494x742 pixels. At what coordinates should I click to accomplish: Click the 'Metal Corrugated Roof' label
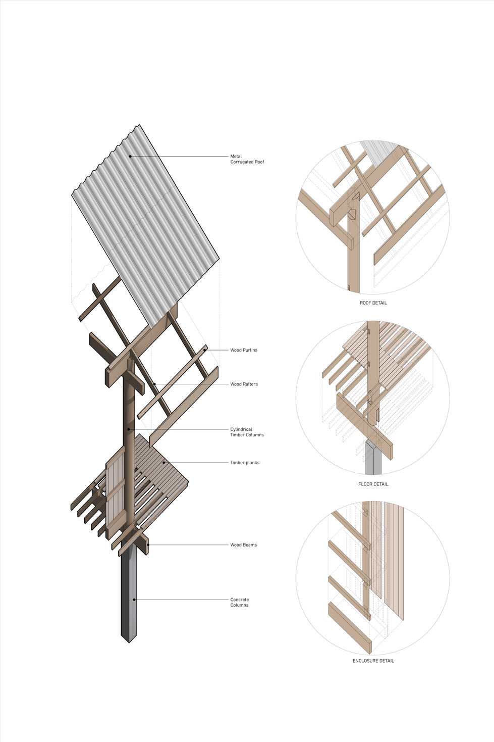click(x=247, y=159)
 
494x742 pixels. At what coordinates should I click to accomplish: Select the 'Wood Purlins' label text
click(x=244, y=350)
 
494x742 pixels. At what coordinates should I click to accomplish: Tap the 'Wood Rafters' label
click(x=244, y=384)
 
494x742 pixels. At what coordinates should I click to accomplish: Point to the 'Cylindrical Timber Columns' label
click(x=247, y=432)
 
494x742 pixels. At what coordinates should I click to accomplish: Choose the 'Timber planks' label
click(x=245, y=463)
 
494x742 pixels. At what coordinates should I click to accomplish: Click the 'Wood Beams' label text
click(x=243, y=545)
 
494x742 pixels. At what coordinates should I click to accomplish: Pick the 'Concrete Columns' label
click(x=239, y=602)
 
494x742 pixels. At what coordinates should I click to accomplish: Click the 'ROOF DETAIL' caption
click(x=373, y=303)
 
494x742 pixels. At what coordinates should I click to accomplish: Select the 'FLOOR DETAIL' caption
click(x=373, y=484)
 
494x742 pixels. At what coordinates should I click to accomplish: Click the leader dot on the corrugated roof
click(x=130, y=156)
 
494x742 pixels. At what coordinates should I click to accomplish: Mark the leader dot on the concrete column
click(x=134, y=600)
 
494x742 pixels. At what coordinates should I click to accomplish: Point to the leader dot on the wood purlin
click(x=205, y=350)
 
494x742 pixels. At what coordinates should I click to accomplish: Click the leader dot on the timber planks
click(x=163, y=463)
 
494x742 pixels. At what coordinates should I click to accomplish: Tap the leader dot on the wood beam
click(x=148, y=545)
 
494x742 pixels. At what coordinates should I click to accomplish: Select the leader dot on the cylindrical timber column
click(x=129, y=429)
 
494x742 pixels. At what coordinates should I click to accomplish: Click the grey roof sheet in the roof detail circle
click(x=379, y=152)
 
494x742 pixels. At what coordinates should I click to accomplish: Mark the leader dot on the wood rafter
click(x=154, y=384)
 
